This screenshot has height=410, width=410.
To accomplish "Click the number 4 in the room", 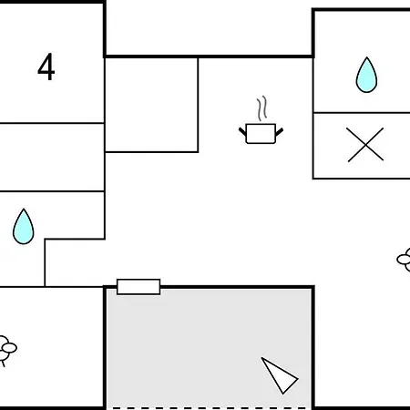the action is (x=46, y=67).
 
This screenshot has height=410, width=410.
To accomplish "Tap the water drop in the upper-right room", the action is (x=366, y=75).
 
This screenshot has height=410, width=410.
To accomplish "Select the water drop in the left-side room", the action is (x=24, y=227).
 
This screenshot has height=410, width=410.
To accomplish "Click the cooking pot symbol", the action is (x=261, y=120).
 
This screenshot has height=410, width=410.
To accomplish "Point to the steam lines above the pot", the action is (x=261, y=108).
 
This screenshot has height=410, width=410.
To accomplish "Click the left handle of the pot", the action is (x=242, y=131).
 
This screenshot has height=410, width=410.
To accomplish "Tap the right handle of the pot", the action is (x=280, y=131).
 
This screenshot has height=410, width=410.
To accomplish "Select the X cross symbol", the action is (x=365, y=145).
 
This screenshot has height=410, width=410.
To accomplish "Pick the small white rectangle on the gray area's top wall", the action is (x=138, y=287).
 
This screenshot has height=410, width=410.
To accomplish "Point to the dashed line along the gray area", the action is (x=209, y=408).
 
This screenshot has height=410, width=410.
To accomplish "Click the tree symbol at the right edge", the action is (x=404, y=260).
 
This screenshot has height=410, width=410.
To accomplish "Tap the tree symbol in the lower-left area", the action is (x=6, y=349).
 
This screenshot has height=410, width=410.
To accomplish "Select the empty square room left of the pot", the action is (x=151, y=105).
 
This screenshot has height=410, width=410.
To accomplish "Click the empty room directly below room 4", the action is (x=52, y=158).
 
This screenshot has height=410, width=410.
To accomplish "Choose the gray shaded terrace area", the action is (x=209, y=348).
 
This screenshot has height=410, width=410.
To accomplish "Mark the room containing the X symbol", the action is (x=362, y=146).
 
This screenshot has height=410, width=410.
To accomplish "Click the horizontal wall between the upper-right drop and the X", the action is (x=362, y=113).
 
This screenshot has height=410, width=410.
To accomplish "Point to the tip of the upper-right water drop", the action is (x=367, y=57).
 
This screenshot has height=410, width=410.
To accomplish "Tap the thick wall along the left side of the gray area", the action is (x=105, y=348).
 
